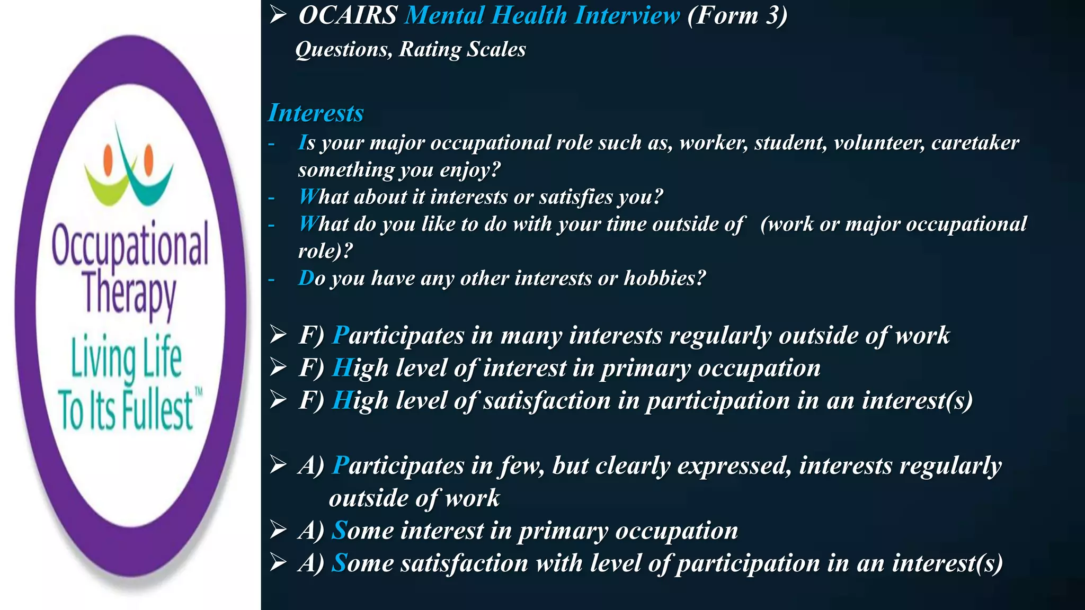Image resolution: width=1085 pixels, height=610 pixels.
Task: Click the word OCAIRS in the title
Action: tap(348, 15)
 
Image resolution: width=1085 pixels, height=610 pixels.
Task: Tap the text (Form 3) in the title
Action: tap(737, 15)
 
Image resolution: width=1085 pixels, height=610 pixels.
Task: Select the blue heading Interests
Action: tap(316, 113)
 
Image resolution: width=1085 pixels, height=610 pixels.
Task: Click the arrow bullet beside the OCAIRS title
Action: tap(278, 15)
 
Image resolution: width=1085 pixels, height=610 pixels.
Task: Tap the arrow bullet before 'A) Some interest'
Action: tap(278, 530)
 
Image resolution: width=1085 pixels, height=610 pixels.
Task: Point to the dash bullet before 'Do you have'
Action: tap(272, 279)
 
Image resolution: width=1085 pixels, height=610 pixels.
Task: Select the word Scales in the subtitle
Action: tap(496, 49)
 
